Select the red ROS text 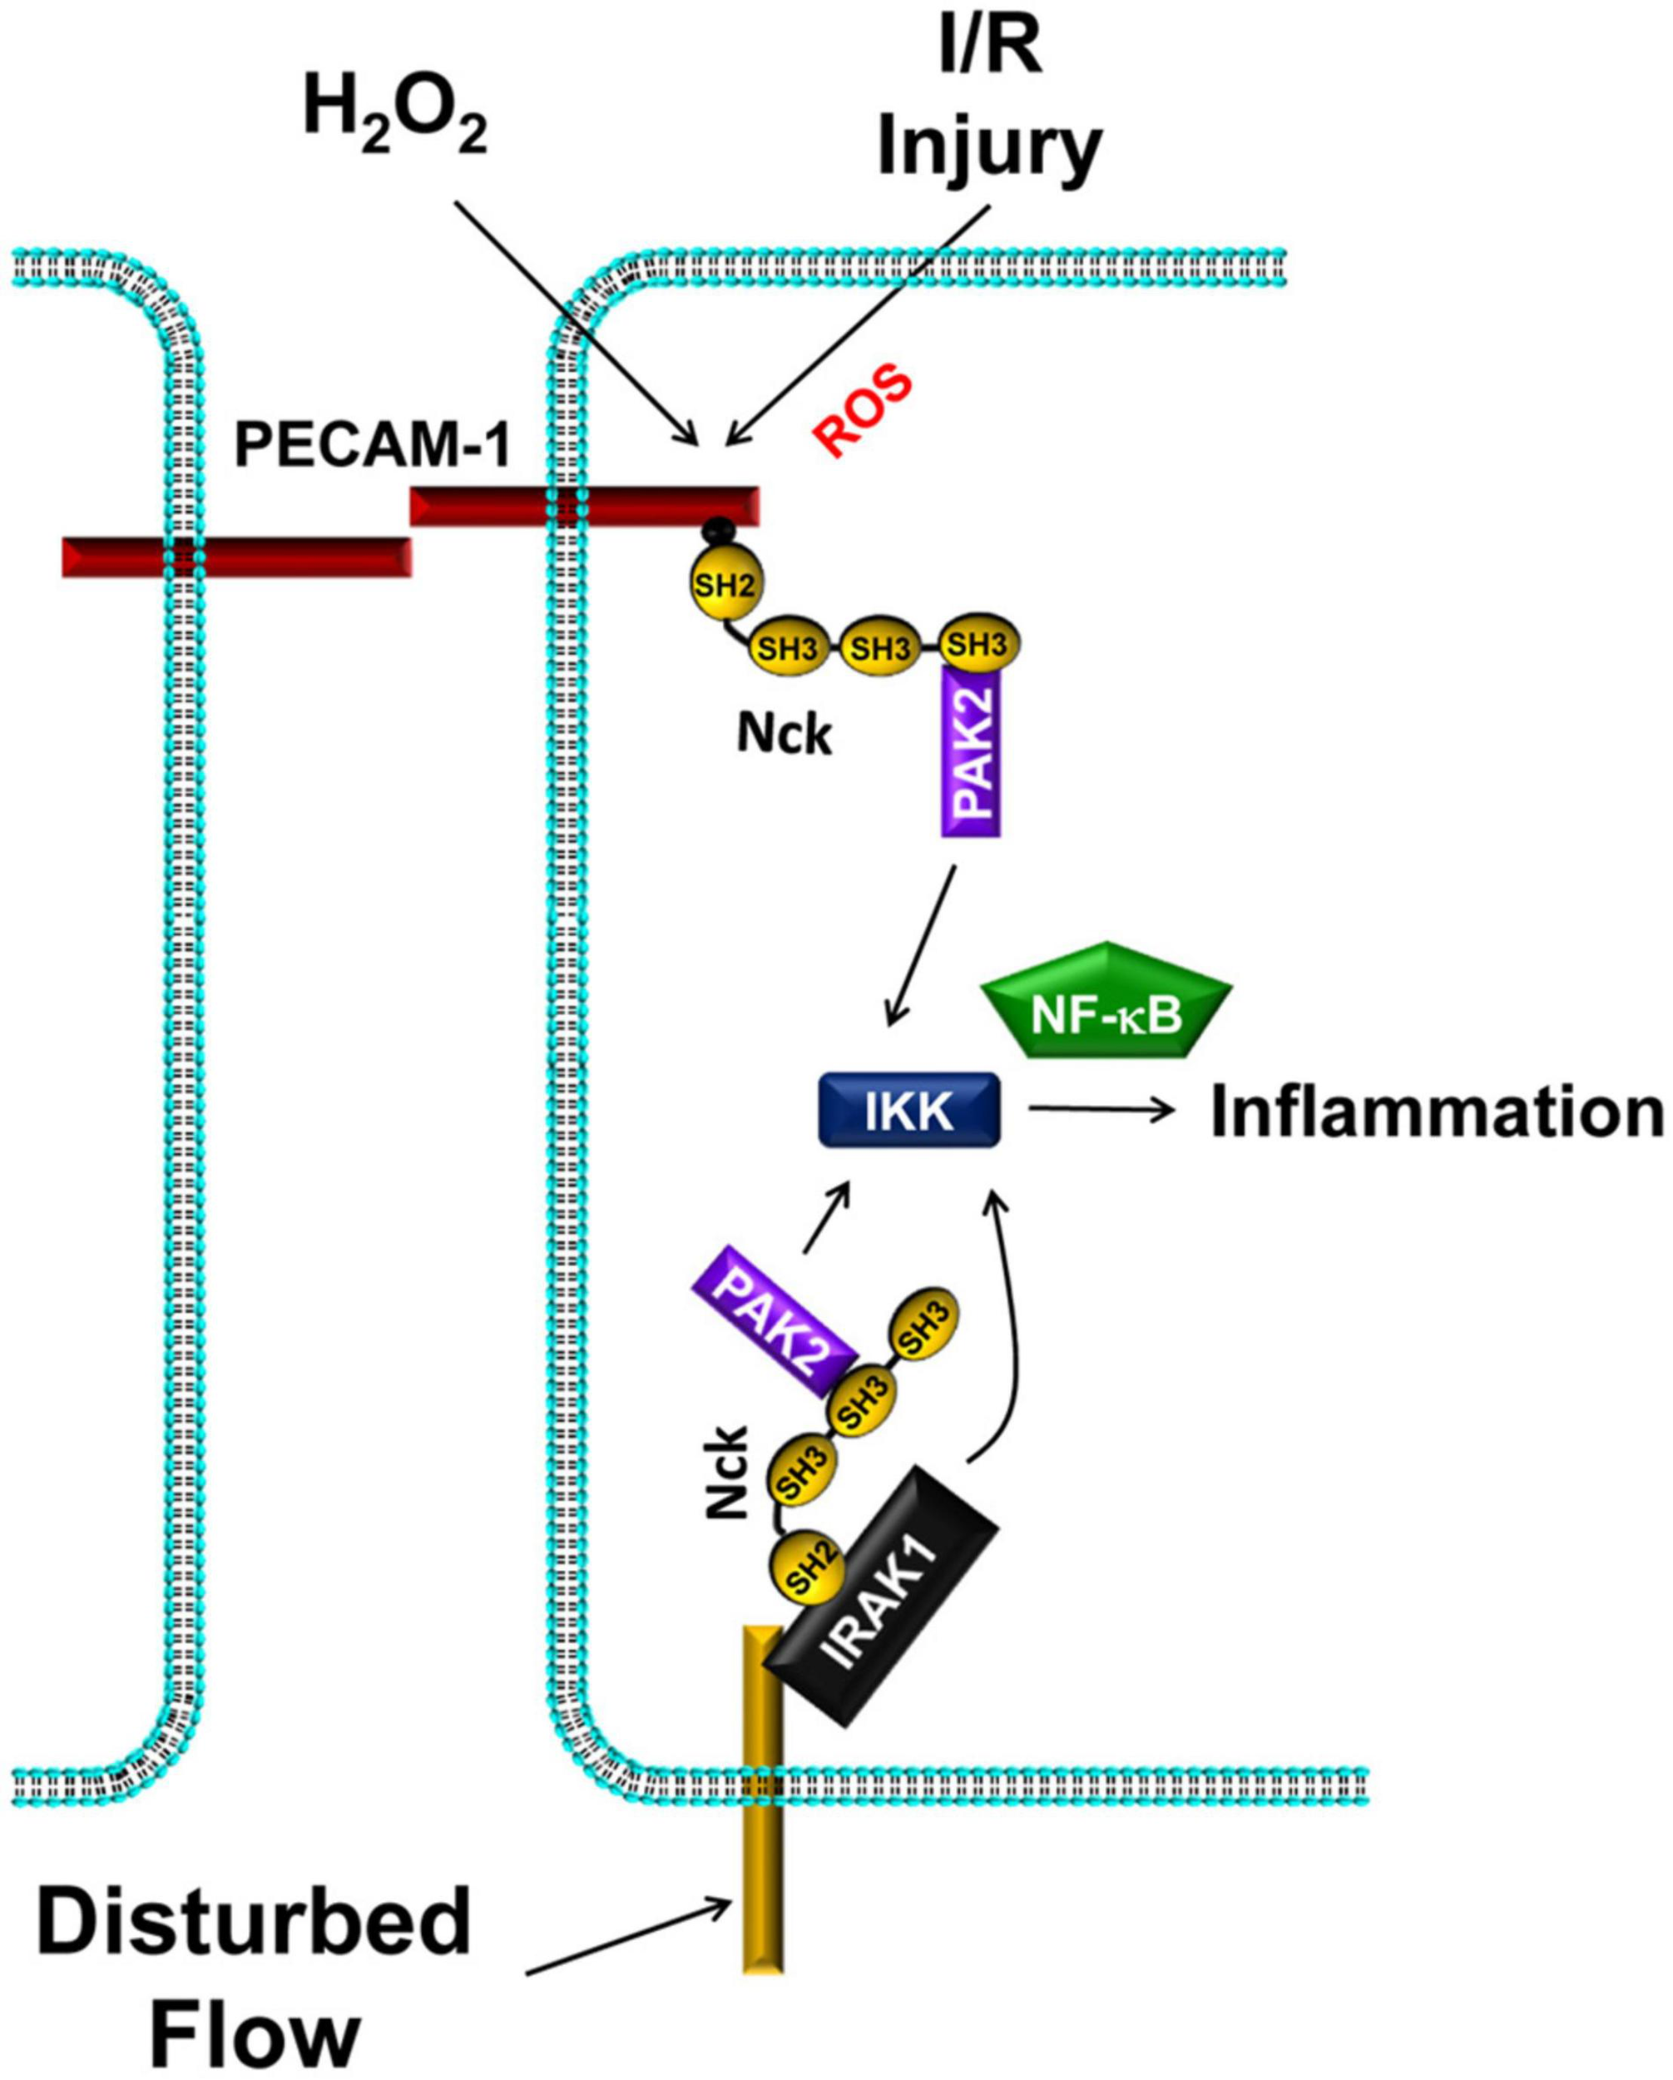[x=862, y=411]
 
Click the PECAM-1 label [x=373, y=446]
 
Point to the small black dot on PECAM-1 [x=716, y=528]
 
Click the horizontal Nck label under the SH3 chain [x=784, y=736]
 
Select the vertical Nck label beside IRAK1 [x=727, y=1470]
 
